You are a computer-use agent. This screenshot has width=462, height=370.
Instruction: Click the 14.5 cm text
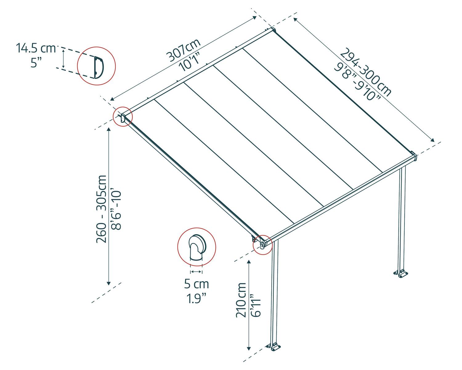click(36, 48)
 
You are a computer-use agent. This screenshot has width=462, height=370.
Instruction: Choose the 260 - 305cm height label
click(101, 209)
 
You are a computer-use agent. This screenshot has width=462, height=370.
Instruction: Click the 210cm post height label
click(241, 300)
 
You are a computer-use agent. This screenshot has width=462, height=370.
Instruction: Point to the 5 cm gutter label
click(197, 284)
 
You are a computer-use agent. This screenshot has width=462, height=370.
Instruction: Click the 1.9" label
click(197, 298)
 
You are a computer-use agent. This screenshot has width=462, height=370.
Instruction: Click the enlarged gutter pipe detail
click(197, 248)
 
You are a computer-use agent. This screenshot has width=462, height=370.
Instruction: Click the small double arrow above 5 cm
click(197, 272)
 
